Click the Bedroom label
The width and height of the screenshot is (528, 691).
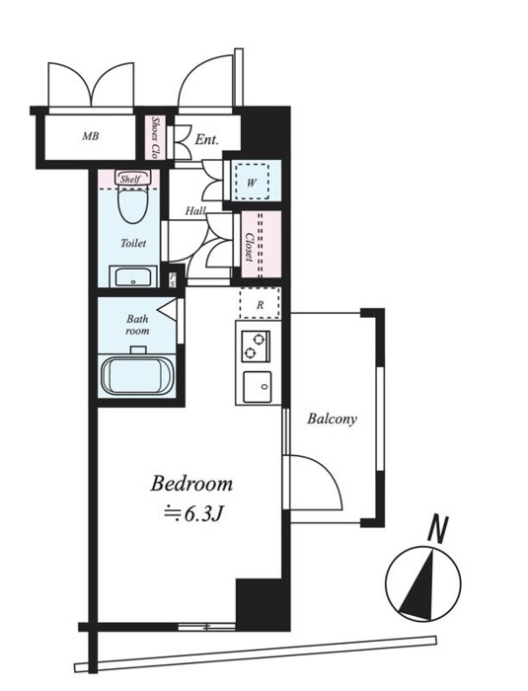coord(191,484)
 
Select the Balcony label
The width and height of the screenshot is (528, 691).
coord(332,419)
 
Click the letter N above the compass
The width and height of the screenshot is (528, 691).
coord(438,528)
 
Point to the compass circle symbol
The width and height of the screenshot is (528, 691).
coord(423,583)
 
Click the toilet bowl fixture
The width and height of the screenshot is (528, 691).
coord(133,203)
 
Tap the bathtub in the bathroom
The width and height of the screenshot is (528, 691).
coord(136,375)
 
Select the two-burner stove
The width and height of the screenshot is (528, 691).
coord(256,345)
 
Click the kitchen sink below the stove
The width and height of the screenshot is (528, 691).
coord(258,387)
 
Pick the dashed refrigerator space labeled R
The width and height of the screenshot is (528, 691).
coord(260,304)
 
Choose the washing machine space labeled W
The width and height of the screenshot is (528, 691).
coord(252,182)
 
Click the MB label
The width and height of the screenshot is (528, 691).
coord(91,136)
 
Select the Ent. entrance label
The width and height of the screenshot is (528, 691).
coord(206,140)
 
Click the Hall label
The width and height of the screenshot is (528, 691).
coord(195,211)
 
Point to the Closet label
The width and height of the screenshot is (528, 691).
coord(250,247)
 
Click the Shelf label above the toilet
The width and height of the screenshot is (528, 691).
coord(130,179)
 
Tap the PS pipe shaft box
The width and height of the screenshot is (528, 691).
coord(172,279)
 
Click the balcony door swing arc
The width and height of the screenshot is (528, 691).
coord(325,472)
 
